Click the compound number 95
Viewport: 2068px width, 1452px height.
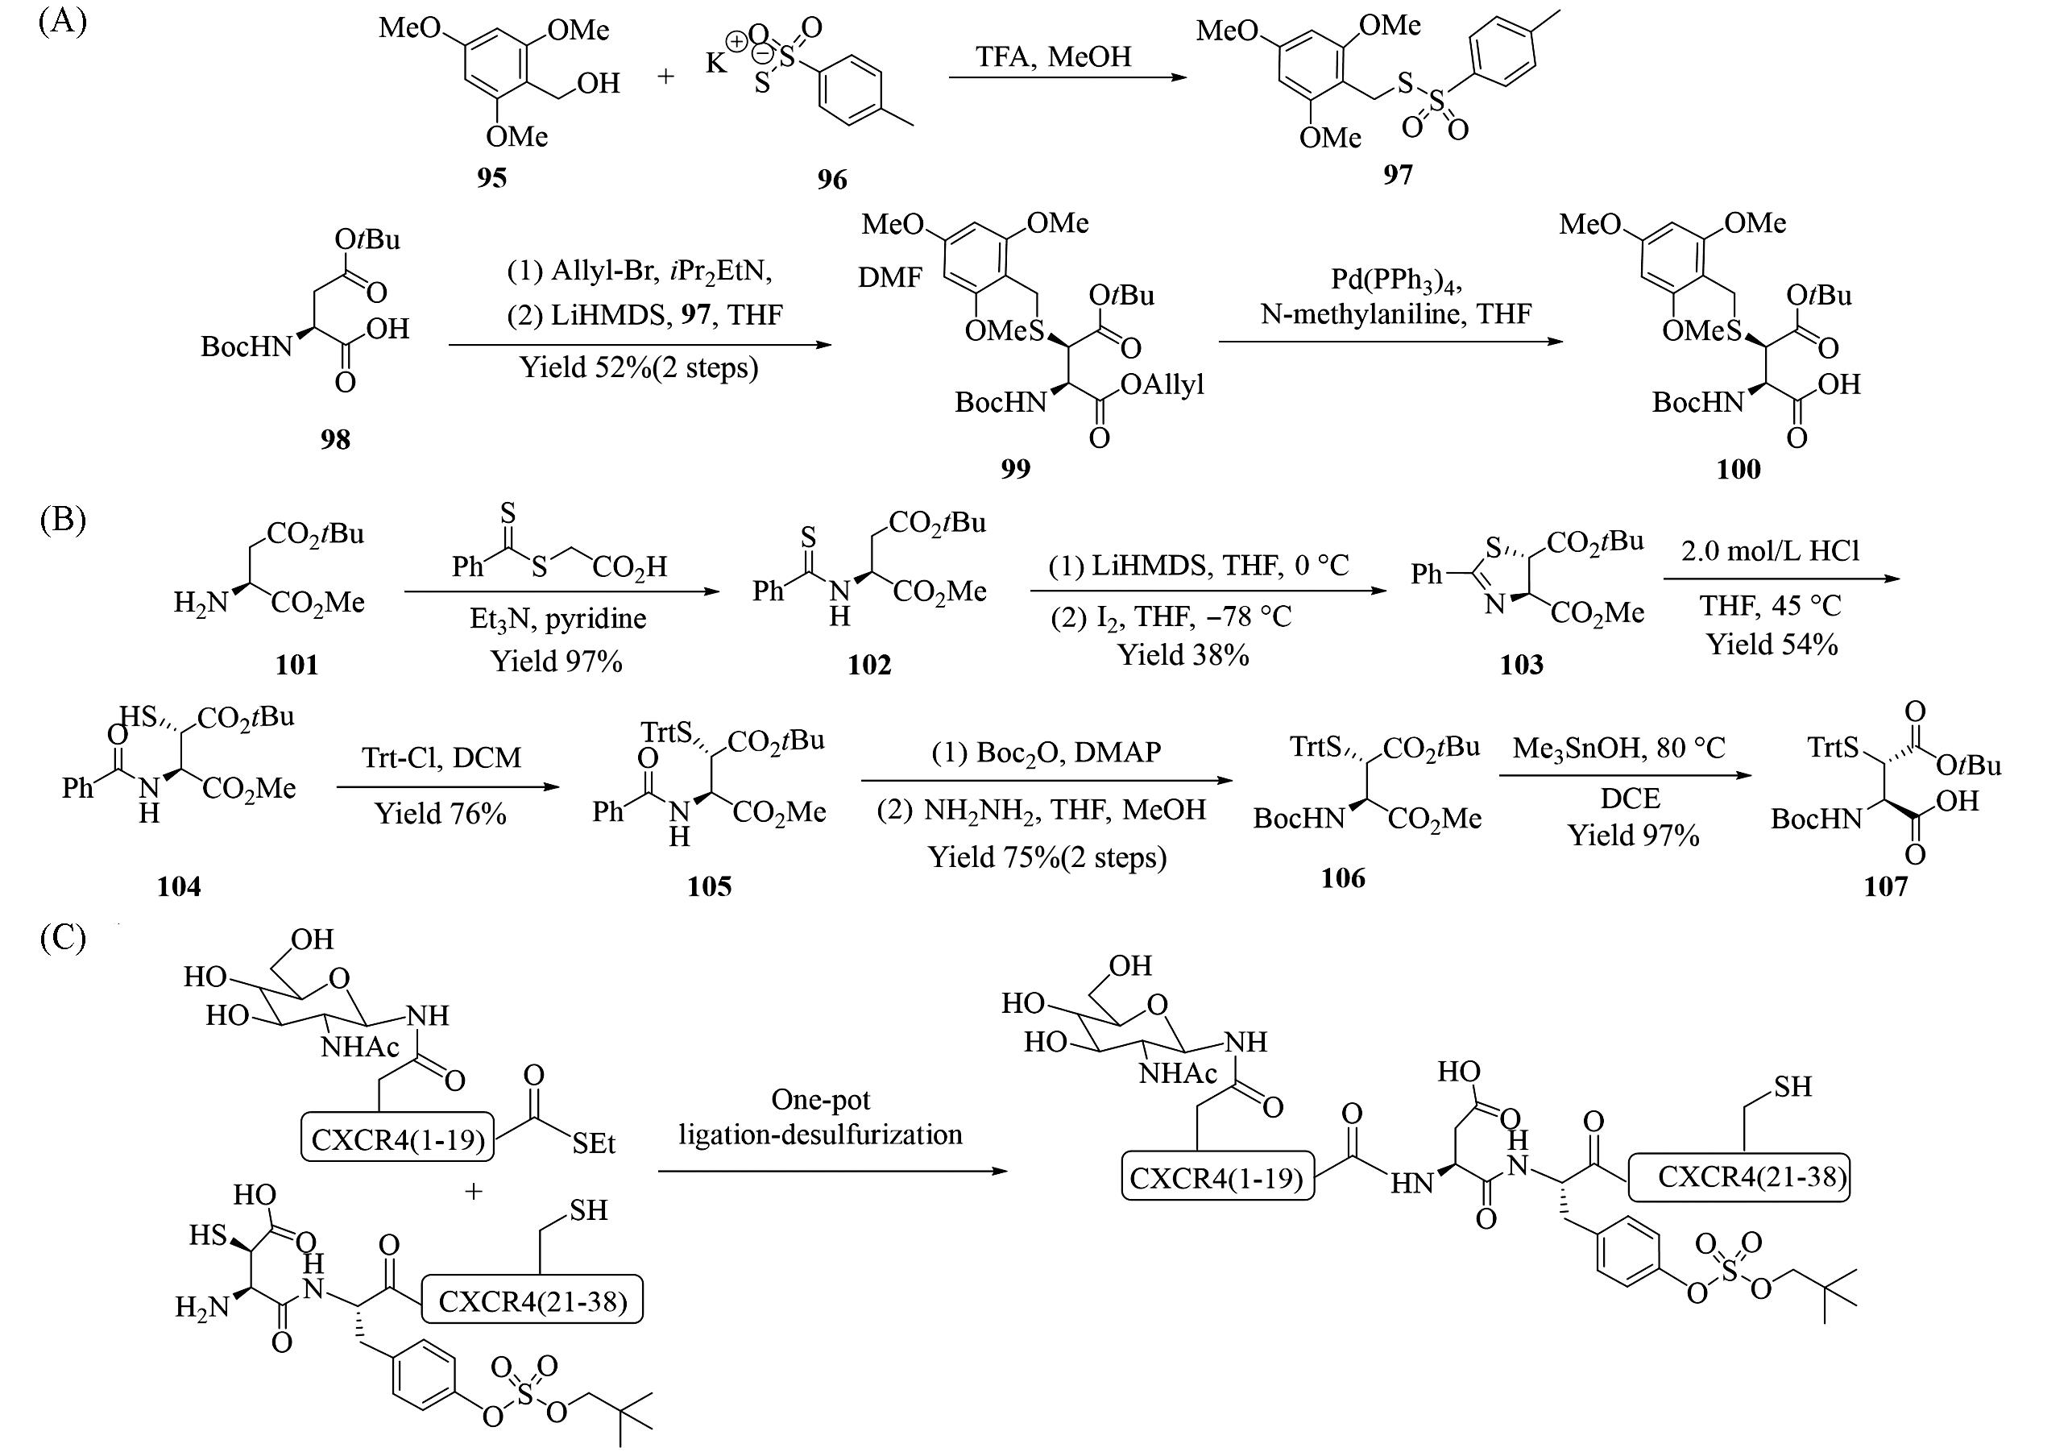[x=491, y=177]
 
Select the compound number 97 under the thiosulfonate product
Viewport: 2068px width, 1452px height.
[x=1397, y=174]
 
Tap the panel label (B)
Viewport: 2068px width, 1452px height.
[x=62, y=520]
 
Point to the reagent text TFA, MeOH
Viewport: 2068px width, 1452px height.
[x=1053, y=56]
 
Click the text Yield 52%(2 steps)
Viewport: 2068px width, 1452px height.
[x=639, y=367]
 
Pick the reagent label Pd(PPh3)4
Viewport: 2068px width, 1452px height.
[x=1396, y=280]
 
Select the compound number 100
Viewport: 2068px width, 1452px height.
[x=1738, y=468]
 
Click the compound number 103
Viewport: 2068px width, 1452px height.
[x=1520, y=665]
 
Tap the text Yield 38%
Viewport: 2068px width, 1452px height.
[x=1183, y=655]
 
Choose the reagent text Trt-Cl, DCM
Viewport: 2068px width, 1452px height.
[x=441, y=757]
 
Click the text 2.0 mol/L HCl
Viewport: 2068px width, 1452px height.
[x=1770, y=550]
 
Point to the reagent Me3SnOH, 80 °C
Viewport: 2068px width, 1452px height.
[x=1618, y=748]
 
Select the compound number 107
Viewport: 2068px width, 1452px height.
[x=1885, y=886]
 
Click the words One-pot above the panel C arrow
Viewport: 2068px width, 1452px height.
[x=821, y=1099]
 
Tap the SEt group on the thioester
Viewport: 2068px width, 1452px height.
[x=593, y=1144]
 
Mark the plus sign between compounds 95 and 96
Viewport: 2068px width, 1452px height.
[x=665, y=77]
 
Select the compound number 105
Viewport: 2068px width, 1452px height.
[x=709, y=886]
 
